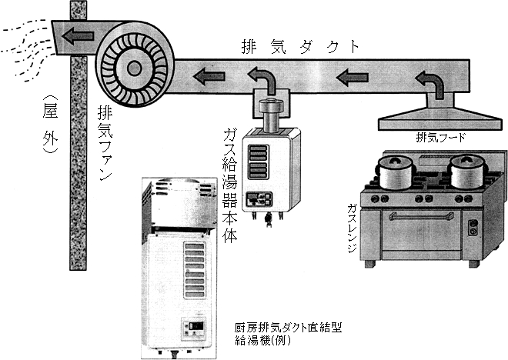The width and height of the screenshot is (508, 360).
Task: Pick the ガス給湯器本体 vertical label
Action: click(228, 188)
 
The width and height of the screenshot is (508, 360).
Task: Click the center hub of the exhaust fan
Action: click(134, 68)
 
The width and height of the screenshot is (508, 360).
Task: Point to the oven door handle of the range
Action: click(419, 216)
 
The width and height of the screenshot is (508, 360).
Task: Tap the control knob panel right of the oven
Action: click(473, 228)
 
